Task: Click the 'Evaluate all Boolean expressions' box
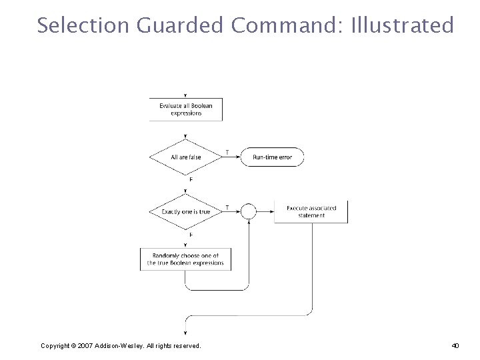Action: click(x=185, y=109)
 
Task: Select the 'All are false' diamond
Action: click(x=185, y=157)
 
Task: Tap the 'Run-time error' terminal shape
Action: click(x=272, y=157)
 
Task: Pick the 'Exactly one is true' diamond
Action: click(x=185, y=212)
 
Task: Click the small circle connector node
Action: click(x=248, y=212)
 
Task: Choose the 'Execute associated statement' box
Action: click(x=311, y=211)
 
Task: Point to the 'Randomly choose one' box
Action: click(x=185, y=259)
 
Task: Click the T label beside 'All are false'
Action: click(x=227, y=152)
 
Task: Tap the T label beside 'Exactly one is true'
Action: click(x=227, y=207)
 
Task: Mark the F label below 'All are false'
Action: click(x=191, y=179)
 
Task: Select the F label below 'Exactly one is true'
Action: click(x=191, y=235)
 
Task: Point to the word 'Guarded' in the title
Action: click(x=179, y=25)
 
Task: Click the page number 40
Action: click(x=455, y=345)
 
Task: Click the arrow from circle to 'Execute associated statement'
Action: click(x=265, y=212)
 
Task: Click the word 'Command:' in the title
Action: click(x=287, y=25)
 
